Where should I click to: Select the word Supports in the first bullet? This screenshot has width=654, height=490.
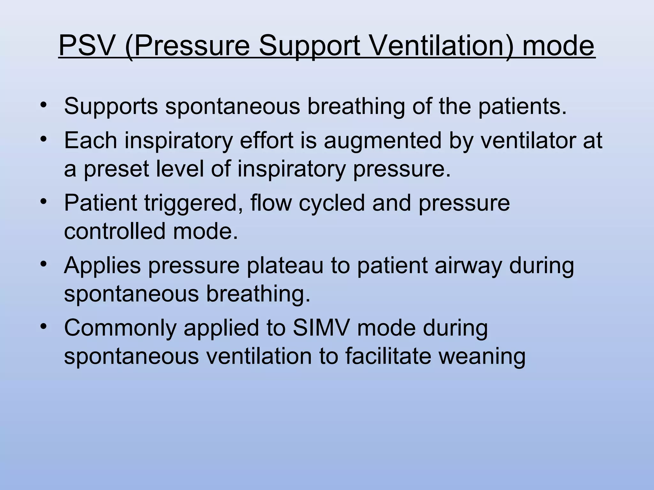111,106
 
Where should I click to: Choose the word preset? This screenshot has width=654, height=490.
116,169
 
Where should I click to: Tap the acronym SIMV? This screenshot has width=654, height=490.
321,328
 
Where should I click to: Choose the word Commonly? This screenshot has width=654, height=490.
120,328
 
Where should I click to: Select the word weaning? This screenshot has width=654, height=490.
482,357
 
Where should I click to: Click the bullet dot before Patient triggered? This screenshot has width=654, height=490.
44,202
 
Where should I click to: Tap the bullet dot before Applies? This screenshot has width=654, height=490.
44,264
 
